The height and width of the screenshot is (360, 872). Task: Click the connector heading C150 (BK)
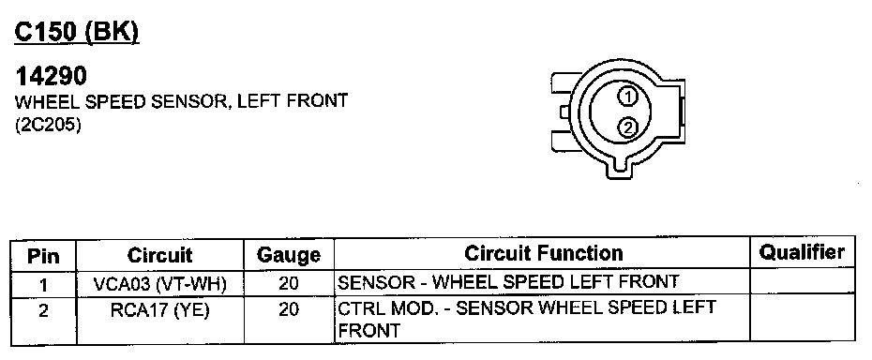point(77,32)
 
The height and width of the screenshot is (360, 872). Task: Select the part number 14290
point(52,76)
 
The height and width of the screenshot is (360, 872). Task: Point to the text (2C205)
point(48,126)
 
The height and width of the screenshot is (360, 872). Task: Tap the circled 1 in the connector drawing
point(628,97)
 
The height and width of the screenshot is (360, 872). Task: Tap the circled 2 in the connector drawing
point(628,128)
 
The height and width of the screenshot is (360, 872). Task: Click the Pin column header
point(43,257)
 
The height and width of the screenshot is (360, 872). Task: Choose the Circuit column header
point(160,255)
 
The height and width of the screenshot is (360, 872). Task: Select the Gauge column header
point(289,255)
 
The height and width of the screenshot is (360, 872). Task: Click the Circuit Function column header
point(543,253)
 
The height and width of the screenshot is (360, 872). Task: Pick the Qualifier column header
point(802,252)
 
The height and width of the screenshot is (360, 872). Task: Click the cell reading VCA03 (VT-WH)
point(160,284)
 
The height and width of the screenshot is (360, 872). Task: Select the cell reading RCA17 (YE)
point(160,310)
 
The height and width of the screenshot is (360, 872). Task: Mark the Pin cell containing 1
point(43,285)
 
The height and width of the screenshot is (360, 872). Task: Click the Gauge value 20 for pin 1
point(289,284)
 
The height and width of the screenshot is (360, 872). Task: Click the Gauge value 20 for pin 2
point(289,309)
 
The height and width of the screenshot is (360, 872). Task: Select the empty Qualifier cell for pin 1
point(803,282)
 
